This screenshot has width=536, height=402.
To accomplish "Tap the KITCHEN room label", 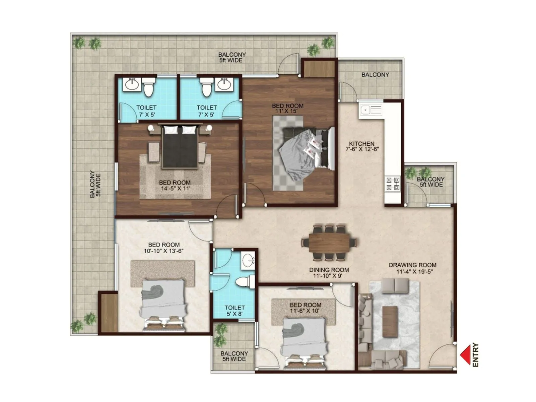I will [362, 143].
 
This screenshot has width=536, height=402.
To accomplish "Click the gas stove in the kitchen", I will [393, 184].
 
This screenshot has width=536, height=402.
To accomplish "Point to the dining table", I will [329, 243].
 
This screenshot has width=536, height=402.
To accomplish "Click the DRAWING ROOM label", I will [412, 265].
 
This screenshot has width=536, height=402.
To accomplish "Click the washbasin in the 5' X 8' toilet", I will [248, 260].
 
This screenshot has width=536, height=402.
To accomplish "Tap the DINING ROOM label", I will [329, 270].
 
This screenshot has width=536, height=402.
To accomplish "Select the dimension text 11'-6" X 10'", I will [305, 311].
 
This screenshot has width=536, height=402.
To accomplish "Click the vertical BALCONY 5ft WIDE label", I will [95, 184].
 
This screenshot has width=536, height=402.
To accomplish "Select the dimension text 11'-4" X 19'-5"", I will [414, 272].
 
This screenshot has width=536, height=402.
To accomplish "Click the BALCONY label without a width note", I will [375, 75].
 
